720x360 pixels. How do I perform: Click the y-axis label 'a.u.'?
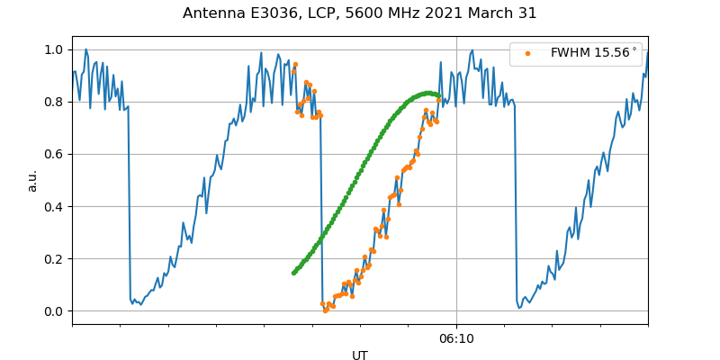click(x=32, y=180)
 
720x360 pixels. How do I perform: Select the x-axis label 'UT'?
click(x=360, y=355)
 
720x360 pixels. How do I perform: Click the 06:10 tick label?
click(x=456, y=338)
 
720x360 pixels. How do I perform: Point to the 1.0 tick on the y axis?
click(x=55, y=49)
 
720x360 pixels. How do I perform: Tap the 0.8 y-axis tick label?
click(x=55, y=102)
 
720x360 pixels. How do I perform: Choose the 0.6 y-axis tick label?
click(x=55, y=154)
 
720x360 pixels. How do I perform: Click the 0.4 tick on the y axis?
click(x=55, y=206)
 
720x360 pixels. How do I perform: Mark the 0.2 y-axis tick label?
click(x=55, y=259)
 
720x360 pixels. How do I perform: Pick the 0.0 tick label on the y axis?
click(x=55, y=311)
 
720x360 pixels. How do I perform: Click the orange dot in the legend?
click(x=527, y=53)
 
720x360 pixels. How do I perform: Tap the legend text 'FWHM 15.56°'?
click(x=593, y=53)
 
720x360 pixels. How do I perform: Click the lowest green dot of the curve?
click(x=293, y=273)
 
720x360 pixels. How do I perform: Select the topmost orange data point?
click(x=295, y=65)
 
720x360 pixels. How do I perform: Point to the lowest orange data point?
click(x=326, y=310)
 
